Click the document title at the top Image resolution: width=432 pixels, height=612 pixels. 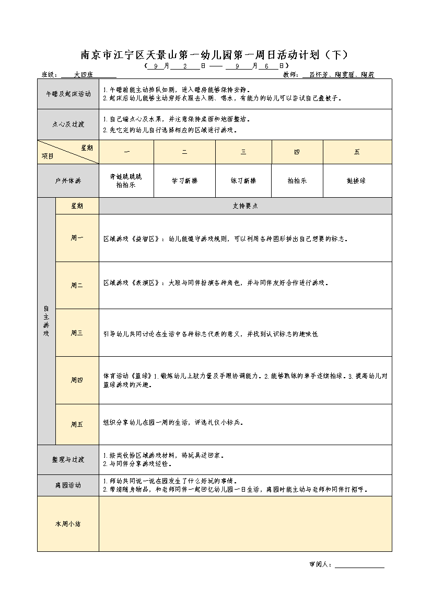coord(214,55)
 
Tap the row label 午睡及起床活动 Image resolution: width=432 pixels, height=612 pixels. coord(68,94)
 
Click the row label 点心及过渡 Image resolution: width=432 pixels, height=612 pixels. coord(68,124)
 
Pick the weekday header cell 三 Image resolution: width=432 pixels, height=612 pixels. coord(243,152)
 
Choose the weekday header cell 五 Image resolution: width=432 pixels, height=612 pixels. coord(357,152)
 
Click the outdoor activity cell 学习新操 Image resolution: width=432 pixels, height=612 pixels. coord(184,180)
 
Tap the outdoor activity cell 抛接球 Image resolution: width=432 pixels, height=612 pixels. coord(357,180)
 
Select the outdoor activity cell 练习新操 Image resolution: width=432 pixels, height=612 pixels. coord(243,180)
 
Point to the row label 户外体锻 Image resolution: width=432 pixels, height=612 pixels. coord(68,180)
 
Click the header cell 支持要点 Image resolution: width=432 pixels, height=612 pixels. coord(245,206)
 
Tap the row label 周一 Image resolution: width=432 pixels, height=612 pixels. coord(77,238)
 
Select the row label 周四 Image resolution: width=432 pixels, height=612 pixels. coord(77,380)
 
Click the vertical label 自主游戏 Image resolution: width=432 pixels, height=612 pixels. coord(46,321)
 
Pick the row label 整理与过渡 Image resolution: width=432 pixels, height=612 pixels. coord(68,460)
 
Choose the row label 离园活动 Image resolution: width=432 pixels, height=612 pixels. coord(68,485)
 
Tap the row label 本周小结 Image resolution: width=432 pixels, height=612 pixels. coord(68,524)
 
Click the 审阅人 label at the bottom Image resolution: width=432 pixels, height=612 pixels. coord(319,564)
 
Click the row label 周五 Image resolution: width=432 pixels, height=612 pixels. coord(77,424)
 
